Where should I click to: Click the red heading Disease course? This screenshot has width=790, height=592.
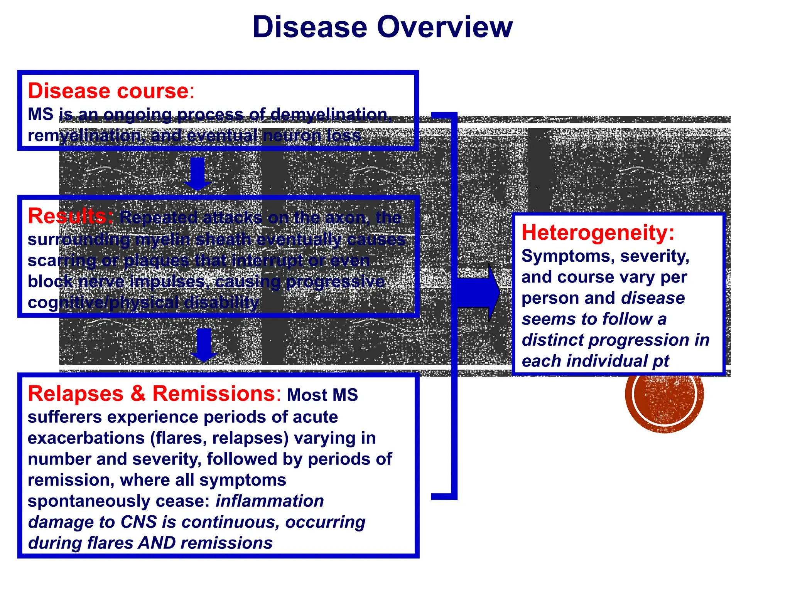click(x=108, y=91)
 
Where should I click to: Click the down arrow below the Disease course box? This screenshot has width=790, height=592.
click(x=198, y=173)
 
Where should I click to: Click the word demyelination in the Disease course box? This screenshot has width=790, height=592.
click(x=330, y=114)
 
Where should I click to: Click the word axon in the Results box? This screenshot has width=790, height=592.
click(x=347, y=218)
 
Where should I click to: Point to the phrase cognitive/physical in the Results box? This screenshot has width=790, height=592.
click(x=103, y=303)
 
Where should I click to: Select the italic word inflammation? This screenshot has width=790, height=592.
click(x=269, y=501)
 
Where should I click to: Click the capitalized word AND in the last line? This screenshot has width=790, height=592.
click(x=157, y=543)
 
